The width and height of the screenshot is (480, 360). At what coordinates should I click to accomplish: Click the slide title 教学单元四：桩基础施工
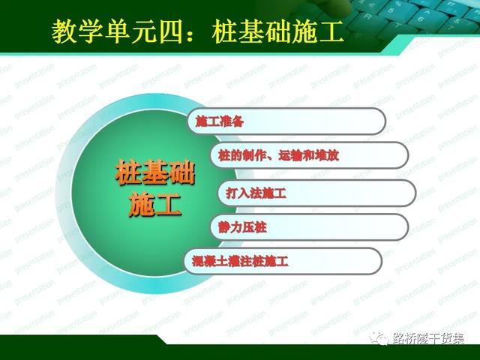point(197,31)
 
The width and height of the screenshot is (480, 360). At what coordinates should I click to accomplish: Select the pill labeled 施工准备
point(286,121)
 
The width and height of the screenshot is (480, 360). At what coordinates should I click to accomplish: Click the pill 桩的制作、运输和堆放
point(309,155)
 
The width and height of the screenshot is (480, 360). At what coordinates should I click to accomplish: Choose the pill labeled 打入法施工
point(316,193)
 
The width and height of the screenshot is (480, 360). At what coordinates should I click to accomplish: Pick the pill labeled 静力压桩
point(309,227)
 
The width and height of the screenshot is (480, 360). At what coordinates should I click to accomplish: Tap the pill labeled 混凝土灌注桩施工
point(283,261)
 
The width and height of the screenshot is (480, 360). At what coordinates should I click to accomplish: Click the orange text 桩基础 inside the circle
point(155,172)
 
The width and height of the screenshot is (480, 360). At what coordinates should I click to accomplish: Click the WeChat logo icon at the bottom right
point(380,338)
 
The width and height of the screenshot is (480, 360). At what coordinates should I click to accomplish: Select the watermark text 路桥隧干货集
point(428,339)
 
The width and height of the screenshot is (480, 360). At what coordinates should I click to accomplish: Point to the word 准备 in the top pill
point(232,121)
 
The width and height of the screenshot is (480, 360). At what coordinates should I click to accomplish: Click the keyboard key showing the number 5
point(390,10)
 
